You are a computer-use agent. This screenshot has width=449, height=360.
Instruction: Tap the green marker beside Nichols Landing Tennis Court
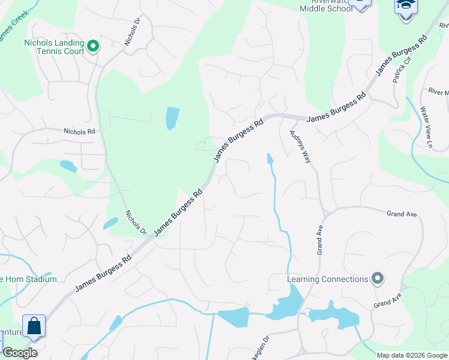(93, 46)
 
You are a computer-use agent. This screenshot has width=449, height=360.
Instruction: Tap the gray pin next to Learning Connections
(377, 278)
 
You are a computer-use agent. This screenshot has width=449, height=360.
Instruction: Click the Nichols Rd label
(79, 131)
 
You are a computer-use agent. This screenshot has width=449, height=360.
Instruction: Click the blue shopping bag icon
(34, 326)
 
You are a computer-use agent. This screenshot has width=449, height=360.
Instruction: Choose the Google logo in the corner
(20, 353)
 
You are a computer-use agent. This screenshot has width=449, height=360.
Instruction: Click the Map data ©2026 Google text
(412, 355)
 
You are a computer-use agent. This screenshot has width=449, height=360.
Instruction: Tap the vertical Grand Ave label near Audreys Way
(319, 239)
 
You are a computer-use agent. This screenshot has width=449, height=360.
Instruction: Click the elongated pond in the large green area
(172, 118)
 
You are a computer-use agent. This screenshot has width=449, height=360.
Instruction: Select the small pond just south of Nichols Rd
(68, 166)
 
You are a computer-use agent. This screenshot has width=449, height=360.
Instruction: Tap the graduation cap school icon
(405, 7)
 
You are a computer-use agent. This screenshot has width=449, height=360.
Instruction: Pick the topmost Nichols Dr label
(131, 31)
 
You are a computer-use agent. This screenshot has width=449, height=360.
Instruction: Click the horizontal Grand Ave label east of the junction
(402, 214)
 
